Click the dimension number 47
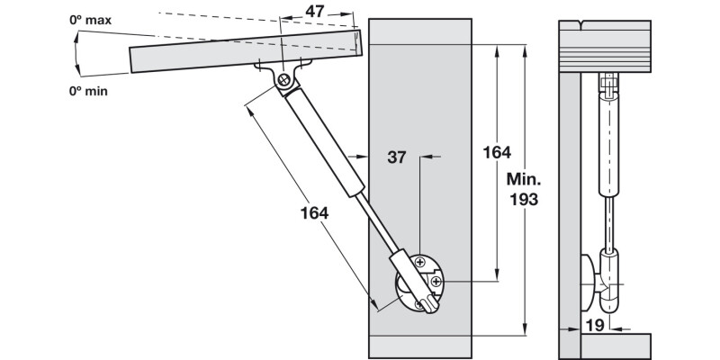click(x=314, y=12)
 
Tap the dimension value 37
click(x=396, y=157)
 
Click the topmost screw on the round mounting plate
click(x=421, y=262)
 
